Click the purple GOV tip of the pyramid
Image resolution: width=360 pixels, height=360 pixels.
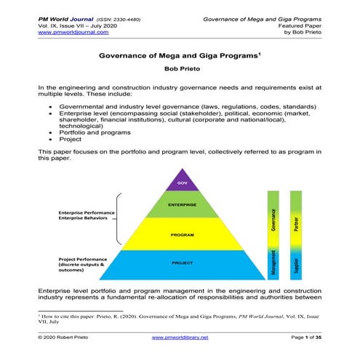coord(183,183)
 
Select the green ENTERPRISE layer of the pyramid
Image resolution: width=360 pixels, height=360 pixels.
coord(183,206)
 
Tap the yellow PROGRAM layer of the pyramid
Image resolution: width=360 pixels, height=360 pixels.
coord(182,236)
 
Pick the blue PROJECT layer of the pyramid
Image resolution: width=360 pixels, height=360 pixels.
coord(182,263)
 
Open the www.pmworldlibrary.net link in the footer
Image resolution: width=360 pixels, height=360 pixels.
coord(180,338)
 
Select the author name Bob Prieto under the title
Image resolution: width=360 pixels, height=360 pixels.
coord(180,68)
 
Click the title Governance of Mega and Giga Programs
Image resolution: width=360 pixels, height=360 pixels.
coord(178,55)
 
